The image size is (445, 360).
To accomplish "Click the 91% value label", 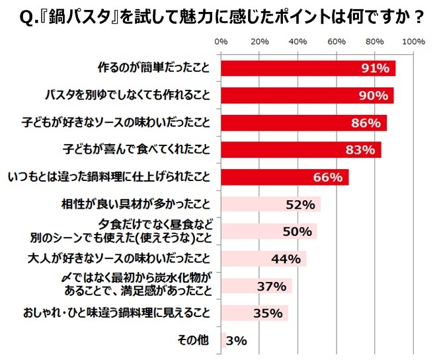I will pyautogui.click(x=374, y=68).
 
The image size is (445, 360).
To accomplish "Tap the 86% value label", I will pyautogui.click(x=366, y=123).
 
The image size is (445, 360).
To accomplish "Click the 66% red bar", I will pyautogui.click(x=284, y=177).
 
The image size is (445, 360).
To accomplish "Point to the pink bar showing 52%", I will pyautogui.click(x=270, y=204).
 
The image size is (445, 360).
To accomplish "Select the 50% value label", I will pyautogui.click(x=297, y=231).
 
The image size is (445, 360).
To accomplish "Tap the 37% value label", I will pyautogui.click(x=270, y=286).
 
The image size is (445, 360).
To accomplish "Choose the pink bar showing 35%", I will pyautogui.click(x=254, y=313).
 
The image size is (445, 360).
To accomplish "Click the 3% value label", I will pyautogui.click(x=236, y=341).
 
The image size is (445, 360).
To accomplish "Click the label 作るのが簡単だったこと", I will pyautogui.click(x=153, y=68).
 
